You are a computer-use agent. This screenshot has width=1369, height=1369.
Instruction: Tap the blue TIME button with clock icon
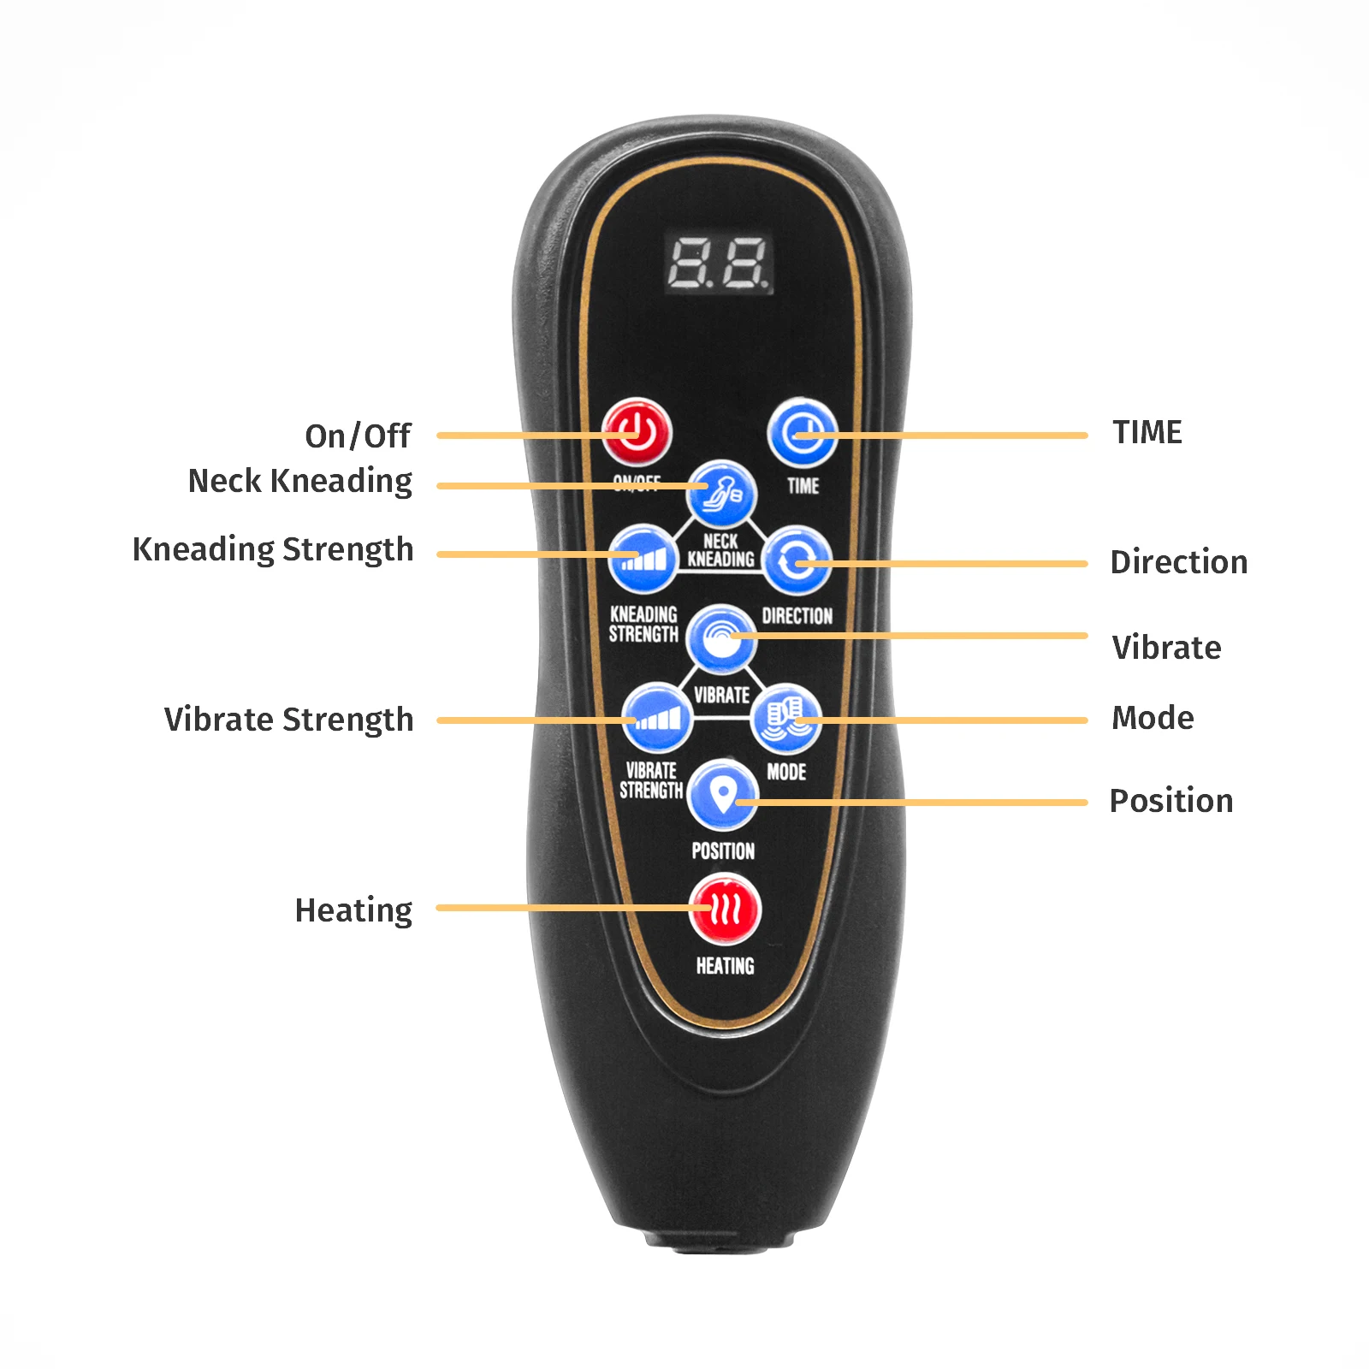802,432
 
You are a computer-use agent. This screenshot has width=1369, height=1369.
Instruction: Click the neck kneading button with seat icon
723,494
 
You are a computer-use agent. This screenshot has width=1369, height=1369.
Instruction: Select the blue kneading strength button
643,559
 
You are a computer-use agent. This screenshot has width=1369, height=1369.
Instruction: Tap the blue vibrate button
721,637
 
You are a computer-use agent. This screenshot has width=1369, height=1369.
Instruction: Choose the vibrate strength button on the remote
656,717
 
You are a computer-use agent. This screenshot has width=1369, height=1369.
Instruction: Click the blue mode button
785,717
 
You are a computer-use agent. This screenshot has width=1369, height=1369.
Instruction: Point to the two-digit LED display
719,263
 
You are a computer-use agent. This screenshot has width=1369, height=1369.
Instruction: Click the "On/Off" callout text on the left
358,436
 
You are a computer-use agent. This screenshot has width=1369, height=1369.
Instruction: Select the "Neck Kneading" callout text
299,482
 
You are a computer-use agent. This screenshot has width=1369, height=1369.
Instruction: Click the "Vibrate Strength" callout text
288,720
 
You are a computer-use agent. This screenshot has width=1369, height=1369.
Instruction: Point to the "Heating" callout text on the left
353,910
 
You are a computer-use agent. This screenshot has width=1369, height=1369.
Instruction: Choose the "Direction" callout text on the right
1178,562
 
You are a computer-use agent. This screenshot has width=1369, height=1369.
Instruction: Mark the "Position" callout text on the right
1170,801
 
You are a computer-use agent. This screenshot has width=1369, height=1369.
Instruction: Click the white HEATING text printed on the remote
725,966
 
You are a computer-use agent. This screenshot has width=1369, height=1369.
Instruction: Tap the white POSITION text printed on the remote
723,851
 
